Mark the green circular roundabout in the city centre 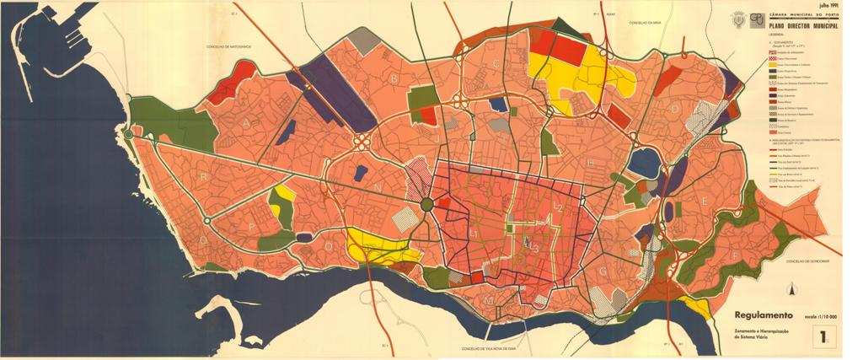(x=427, y=204)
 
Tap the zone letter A (x=248, y=123)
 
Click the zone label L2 (x=557, y=207)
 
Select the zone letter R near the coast (x=205, y=178)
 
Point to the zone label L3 (x=533, y=246)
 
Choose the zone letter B (x=393, y=78)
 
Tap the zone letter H (x=591, y=162)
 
